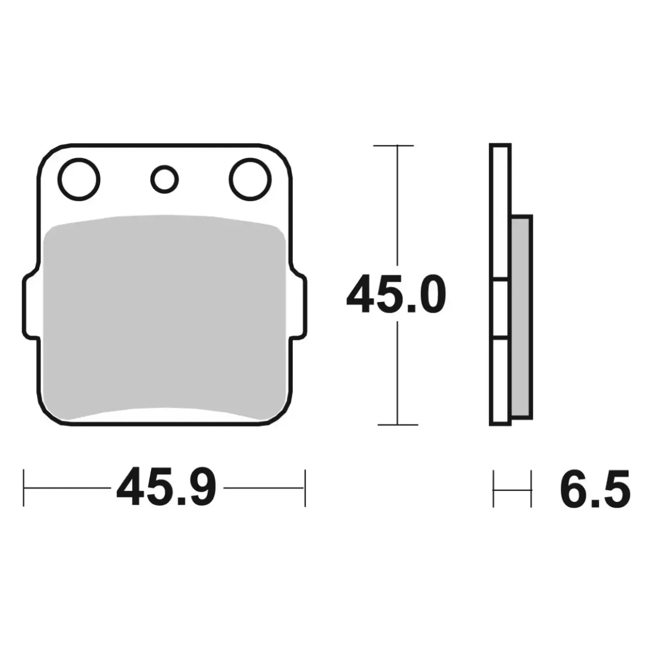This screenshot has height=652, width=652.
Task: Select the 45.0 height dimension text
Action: click(x=396, y=294)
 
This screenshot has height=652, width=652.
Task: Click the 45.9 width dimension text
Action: click(x=166, y=488)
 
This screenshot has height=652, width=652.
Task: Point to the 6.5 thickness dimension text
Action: click(x=595, y=489)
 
